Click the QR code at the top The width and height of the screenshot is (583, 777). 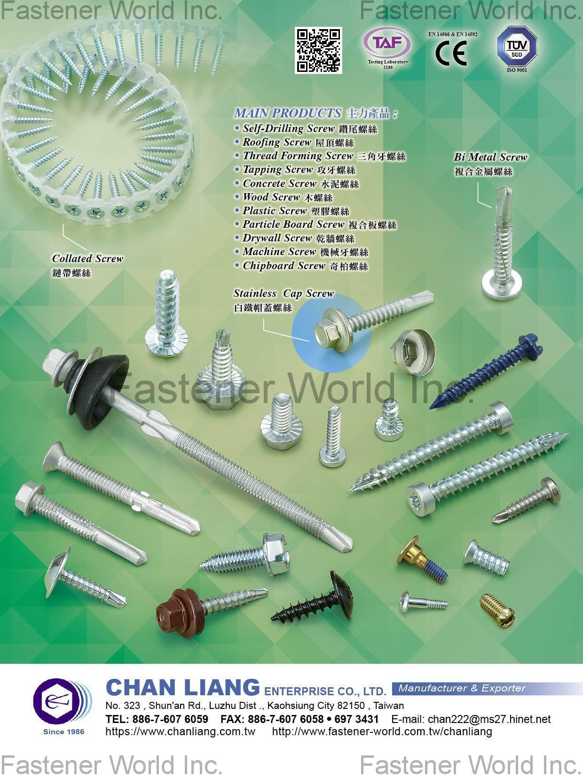pyautogui.click(x=318, y=50)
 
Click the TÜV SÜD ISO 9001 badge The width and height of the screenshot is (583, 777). pyautogui.click(x=517, y=47)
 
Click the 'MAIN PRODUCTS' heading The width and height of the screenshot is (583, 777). pyautogui.click(x=287, y=113)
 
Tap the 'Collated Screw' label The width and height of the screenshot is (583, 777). pyautogui.click(x=87, y=259)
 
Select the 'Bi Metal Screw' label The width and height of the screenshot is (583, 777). pyautogui.click(x=490, y=157)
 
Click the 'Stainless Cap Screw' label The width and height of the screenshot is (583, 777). pyautogui.click(x=284, y=294)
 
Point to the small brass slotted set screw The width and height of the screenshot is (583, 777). pyautogui.click(x=497, y=606)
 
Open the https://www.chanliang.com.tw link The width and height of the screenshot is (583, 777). pyautogui.click(x=180, y=731)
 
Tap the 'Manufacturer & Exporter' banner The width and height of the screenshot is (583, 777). pyautogui.click(x=462, y=688)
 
